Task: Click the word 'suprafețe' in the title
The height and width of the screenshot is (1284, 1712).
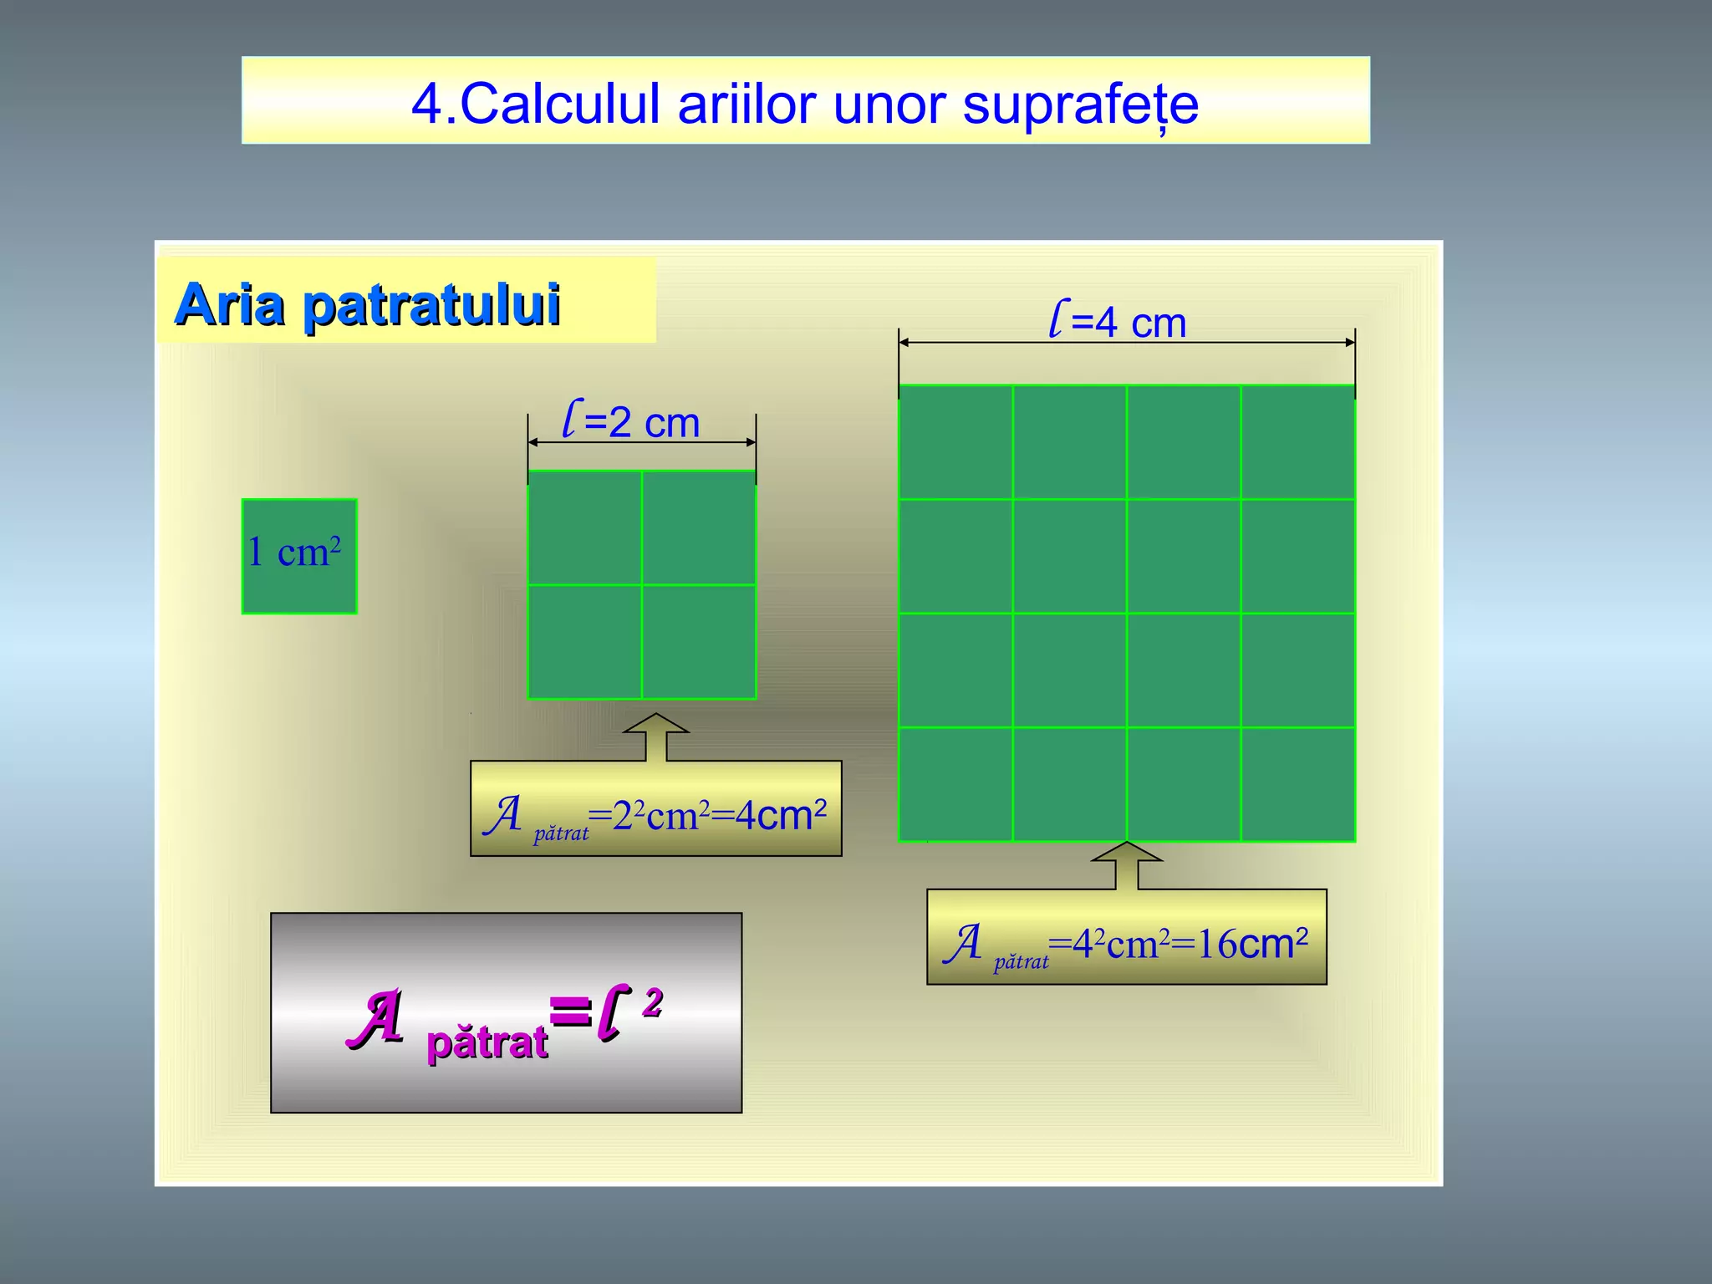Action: [1080, 105]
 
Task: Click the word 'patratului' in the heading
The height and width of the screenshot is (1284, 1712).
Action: [431, 306]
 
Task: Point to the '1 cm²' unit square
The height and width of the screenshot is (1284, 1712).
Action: [299, 556]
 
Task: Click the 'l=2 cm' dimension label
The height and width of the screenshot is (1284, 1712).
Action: [631, 420]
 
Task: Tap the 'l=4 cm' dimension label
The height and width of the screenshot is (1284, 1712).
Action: [1118, 322]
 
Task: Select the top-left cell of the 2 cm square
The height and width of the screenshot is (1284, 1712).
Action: [584, 527]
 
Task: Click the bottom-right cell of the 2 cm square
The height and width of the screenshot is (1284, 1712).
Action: [699, 642]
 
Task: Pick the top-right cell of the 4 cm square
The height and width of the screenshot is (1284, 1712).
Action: [1298, 442]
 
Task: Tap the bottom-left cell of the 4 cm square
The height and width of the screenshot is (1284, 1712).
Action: [955, 784]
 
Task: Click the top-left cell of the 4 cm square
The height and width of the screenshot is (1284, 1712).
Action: [955, 442]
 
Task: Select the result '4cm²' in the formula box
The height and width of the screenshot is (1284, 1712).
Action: [781, 815]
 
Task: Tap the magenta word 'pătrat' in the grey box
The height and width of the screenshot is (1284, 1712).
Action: [487, 1043]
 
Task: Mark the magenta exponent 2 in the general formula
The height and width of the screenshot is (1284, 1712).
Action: [653, 1001]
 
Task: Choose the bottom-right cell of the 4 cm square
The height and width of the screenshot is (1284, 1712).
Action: [1298, 784]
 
